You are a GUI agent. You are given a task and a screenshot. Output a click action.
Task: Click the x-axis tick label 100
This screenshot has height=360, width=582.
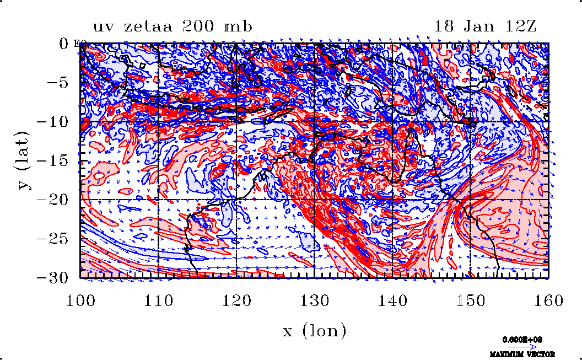pos(80,301)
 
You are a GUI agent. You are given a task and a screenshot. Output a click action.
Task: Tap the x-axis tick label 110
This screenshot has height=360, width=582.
pos(159,301)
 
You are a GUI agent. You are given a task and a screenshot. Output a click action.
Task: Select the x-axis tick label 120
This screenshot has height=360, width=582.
pos(237,301)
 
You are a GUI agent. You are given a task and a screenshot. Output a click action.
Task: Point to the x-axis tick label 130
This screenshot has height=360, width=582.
pos(315,301)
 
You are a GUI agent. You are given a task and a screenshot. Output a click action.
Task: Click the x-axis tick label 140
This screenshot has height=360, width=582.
pos(392,301)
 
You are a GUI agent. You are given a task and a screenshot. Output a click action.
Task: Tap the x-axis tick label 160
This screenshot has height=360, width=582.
pos(548,301)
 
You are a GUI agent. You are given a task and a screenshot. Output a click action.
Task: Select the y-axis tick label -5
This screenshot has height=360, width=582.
pos(57,83)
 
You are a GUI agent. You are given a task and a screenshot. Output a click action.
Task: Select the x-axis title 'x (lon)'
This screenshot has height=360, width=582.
pos(315,331)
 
